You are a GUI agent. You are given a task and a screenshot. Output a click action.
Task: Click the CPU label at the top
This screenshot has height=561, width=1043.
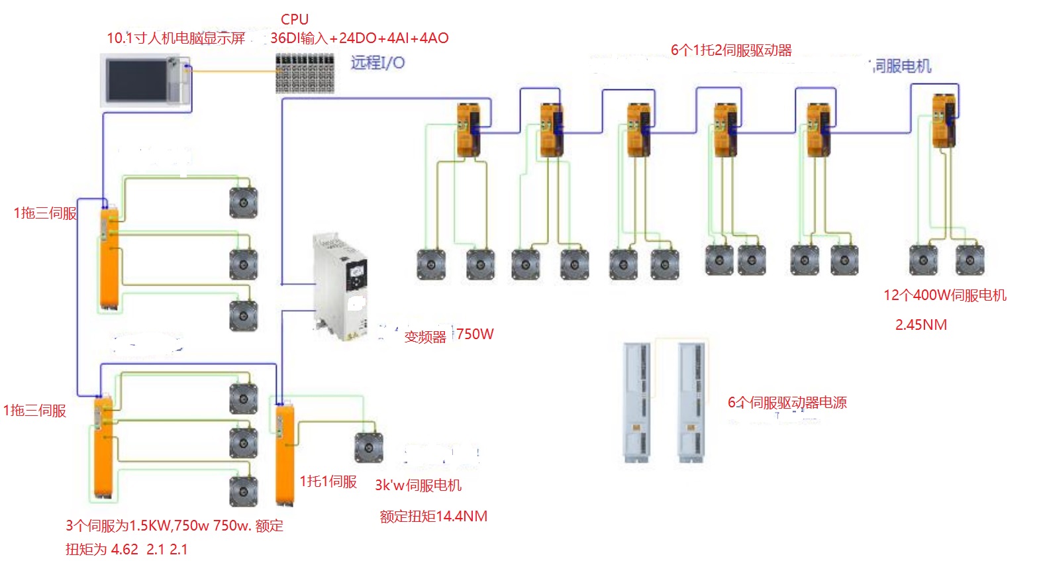point(295,19)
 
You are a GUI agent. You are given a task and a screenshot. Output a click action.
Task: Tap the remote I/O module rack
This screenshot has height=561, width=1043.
point(305,74)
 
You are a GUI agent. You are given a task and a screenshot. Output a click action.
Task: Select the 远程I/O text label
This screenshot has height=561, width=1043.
point(377,62)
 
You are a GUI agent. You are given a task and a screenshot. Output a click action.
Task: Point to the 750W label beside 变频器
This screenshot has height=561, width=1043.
point(475,334)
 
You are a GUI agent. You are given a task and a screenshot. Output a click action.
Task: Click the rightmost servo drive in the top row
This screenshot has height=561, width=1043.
point(944,121)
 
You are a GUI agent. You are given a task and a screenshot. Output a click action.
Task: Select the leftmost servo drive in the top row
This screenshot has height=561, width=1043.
point(468,130)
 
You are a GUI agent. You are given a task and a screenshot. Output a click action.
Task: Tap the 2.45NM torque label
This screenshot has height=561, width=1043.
point(920,325)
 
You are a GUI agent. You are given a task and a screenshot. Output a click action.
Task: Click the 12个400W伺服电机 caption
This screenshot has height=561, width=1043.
point(944,295)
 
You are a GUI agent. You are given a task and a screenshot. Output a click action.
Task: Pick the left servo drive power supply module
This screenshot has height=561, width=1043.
point(637,402)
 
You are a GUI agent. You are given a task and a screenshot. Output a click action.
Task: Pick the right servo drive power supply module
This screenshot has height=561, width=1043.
point(691,402)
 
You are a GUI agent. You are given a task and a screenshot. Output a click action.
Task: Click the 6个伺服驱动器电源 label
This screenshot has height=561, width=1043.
point(787,402)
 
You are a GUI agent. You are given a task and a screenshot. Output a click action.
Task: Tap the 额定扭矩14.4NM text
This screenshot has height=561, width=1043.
point(433,516)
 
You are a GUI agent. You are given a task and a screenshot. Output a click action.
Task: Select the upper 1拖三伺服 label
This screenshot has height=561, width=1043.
point(45,213)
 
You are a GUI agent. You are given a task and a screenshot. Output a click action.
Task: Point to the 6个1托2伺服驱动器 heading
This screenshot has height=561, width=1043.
point(731,50)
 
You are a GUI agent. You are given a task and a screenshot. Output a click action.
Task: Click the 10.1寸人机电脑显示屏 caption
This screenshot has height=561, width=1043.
point(175,38)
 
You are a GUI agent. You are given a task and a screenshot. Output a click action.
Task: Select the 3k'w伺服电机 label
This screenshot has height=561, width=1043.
point(418,485)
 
